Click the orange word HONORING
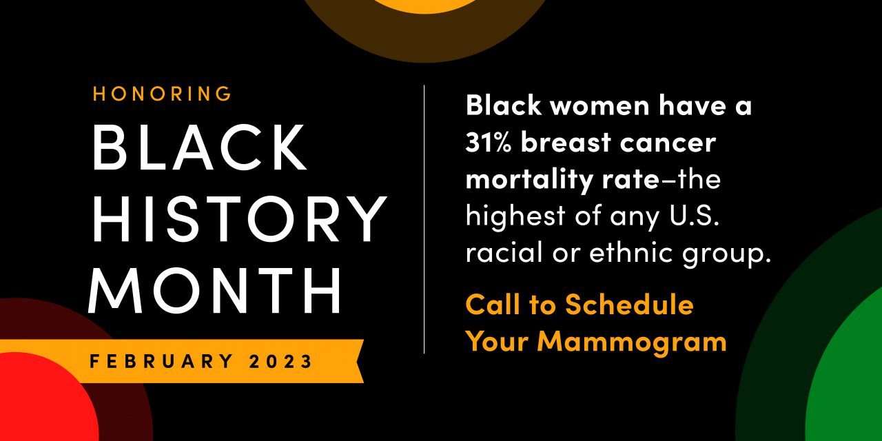click(162, 94)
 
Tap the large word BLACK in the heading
click(199, 147)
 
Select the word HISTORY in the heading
click(239, 218)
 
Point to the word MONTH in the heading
click(214, 290)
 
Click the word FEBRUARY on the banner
click(161, 361)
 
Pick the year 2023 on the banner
click(280, 361)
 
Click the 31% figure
click(489, 142)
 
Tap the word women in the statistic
click(599, 105)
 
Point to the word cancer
click(668, 143)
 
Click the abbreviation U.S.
click(694, 216)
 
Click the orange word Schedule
click(629, 305)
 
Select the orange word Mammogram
click(633, 341)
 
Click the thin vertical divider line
click(424, 219)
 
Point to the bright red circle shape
click(43, 398)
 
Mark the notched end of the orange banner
click(359, 361)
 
